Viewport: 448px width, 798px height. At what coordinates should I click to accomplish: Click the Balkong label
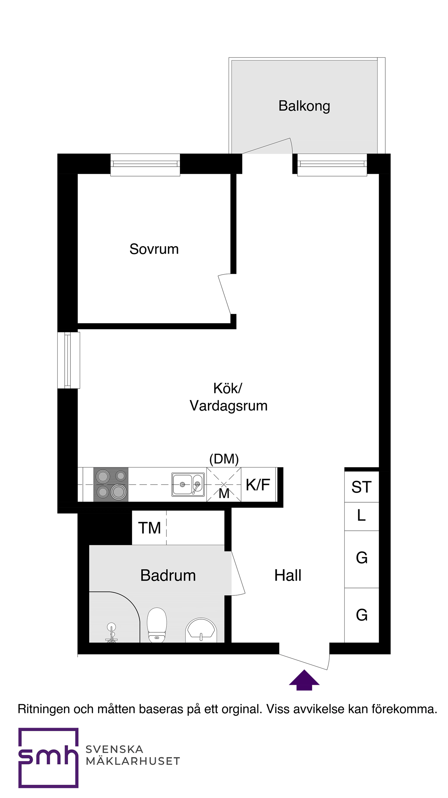304,106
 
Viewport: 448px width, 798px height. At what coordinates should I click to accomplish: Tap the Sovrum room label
154,249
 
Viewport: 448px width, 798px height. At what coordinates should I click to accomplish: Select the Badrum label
168,575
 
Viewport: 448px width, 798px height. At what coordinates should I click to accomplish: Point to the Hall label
288,575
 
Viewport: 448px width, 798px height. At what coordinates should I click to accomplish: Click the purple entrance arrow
304,680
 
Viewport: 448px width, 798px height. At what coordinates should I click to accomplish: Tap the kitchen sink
188,485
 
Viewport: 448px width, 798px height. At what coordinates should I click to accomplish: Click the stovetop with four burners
111,485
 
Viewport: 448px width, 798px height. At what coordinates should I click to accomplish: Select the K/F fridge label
258,485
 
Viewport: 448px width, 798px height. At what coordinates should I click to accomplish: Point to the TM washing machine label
149,528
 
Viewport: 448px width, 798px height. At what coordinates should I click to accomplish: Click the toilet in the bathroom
157,625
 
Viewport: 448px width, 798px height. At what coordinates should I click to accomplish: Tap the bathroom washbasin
201,630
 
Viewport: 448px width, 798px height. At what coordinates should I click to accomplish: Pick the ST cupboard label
362,487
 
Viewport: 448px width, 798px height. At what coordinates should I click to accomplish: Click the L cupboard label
362,515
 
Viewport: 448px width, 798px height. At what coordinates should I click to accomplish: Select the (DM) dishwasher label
224,459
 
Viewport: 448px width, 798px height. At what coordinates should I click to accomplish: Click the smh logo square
48,758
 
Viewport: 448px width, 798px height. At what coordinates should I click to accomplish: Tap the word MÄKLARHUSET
133,761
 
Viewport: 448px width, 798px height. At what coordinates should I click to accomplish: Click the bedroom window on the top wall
145,165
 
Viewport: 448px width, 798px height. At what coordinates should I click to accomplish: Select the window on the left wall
69,360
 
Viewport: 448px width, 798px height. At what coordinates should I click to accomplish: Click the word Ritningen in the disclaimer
44,709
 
